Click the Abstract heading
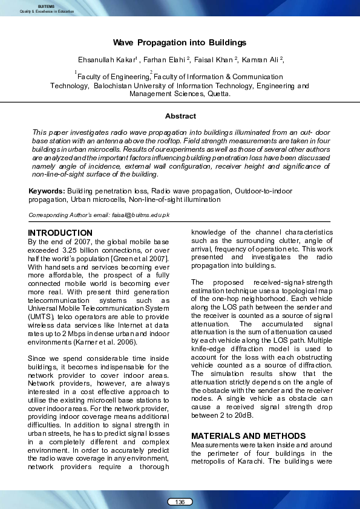180,115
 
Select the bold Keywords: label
47,191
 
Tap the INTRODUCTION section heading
61,233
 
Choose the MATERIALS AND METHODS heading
248,436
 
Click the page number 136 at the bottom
180,502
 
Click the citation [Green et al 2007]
143,259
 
